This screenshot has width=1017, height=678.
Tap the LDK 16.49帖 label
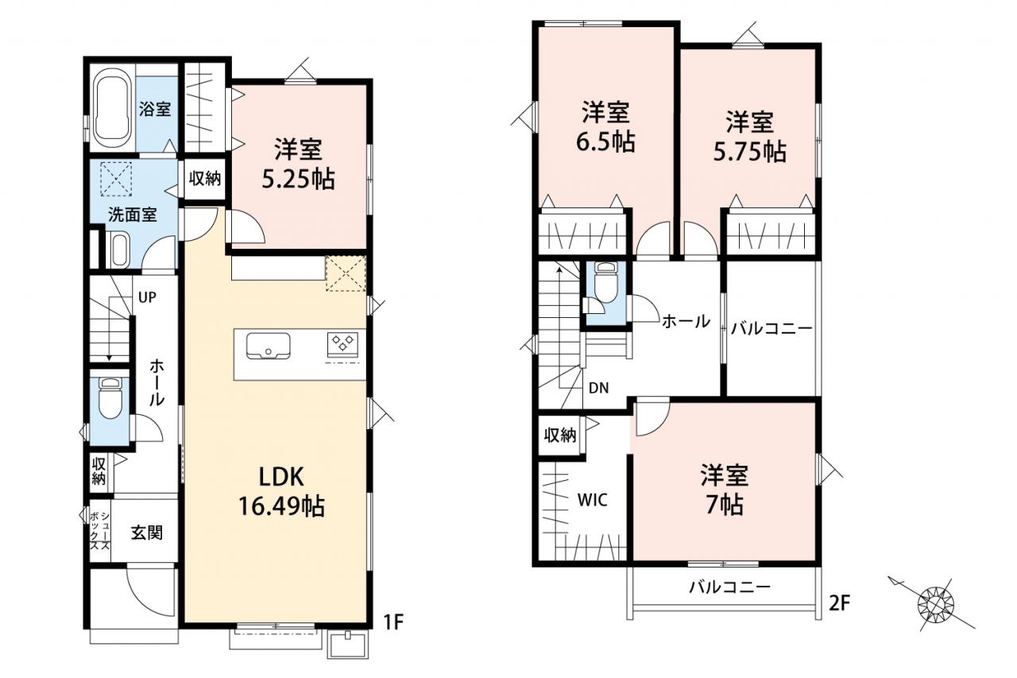(x=281, y=492)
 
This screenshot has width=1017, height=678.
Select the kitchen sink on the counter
(x=269, y=347)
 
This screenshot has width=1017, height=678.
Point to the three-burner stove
(x=342, y=343)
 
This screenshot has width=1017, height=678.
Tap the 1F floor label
(x=393, y=622)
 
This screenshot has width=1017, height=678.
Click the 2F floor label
(x=840, y=603)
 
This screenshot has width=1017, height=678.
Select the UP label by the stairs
(x=147, y=297)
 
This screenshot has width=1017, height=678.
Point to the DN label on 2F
(x=599, y=388)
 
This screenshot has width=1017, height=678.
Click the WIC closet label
(x=593, y=500)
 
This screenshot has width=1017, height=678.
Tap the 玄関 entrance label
(x=147, y=533)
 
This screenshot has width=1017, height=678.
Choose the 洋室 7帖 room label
(x=725, y=490)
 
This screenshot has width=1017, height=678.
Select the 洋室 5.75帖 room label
(x=749, y=136)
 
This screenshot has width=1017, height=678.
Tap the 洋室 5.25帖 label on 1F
(x=298, y=164)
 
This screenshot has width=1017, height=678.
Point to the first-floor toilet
(x=110, y=398)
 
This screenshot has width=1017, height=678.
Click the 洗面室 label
(x=132, y=215)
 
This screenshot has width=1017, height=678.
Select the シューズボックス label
(x=100, y=531)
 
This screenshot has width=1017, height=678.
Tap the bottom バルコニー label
(x=729, y=587)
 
